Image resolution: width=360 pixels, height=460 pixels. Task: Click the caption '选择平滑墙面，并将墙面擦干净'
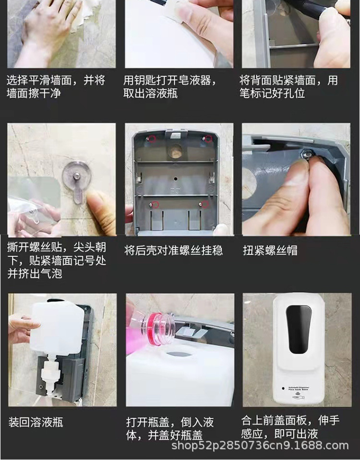click(56, 86)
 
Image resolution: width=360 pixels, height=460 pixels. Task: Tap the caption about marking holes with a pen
click(288, 86)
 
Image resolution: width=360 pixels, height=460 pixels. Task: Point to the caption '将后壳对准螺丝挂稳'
click(173, 250)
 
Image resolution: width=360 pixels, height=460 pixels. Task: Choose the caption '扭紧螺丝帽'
click(270, 250)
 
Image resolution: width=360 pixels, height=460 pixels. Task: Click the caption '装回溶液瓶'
click(36, 423)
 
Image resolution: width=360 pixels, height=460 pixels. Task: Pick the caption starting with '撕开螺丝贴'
click(56, 260)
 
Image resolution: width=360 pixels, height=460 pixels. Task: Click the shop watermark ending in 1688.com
click(260, 446)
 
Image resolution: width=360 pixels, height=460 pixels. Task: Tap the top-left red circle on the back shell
click(152, 139)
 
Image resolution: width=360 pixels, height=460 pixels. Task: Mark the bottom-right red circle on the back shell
click(205, 204)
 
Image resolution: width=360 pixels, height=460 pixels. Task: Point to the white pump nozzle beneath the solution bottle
click(49, 377)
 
